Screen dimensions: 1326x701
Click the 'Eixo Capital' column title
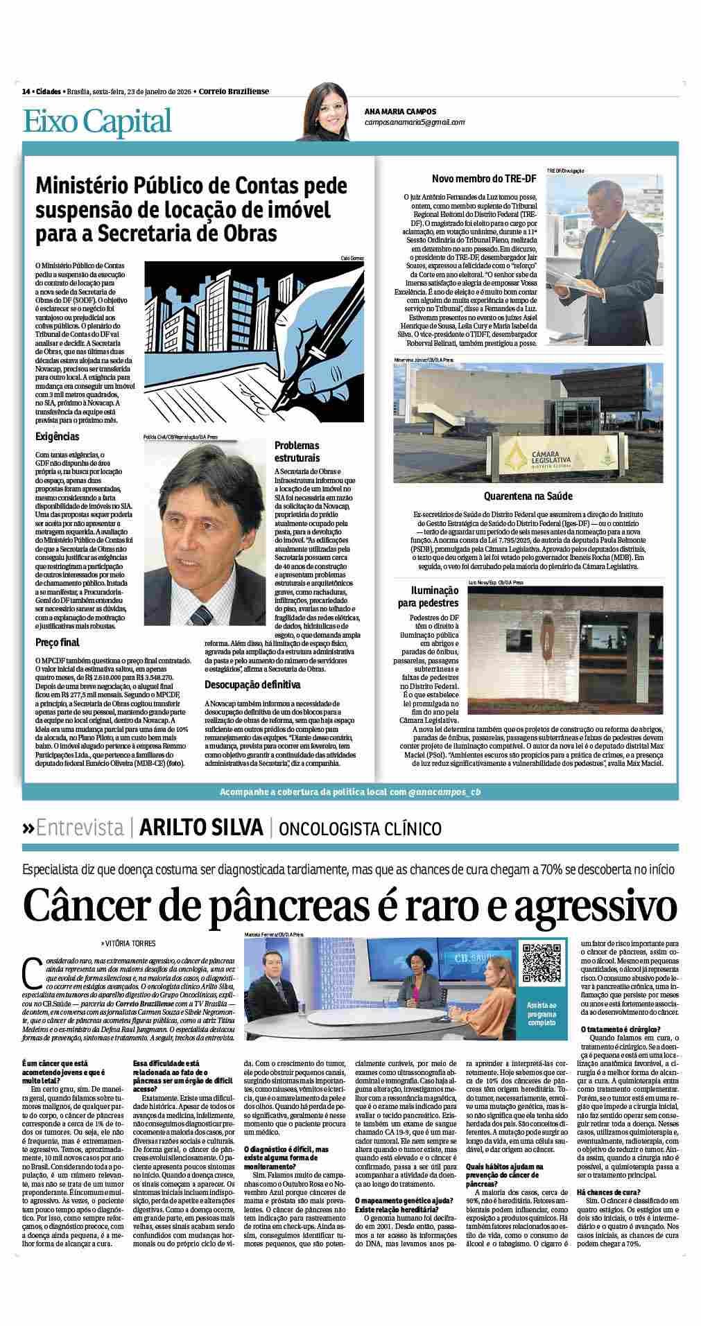point(97,122)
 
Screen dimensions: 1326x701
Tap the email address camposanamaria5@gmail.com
point(415,122)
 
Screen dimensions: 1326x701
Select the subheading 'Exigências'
point(58,437)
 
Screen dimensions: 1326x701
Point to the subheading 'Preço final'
point(58,643)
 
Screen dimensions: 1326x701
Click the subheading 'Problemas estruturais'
point(297,452)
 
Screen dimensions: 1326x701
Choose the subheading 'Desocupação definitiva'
point(252,685)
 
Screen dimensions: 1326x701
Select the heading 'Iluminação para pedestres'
point(429,596)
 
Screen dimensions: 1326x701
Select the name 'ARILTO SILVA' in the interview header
point(200,828)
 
